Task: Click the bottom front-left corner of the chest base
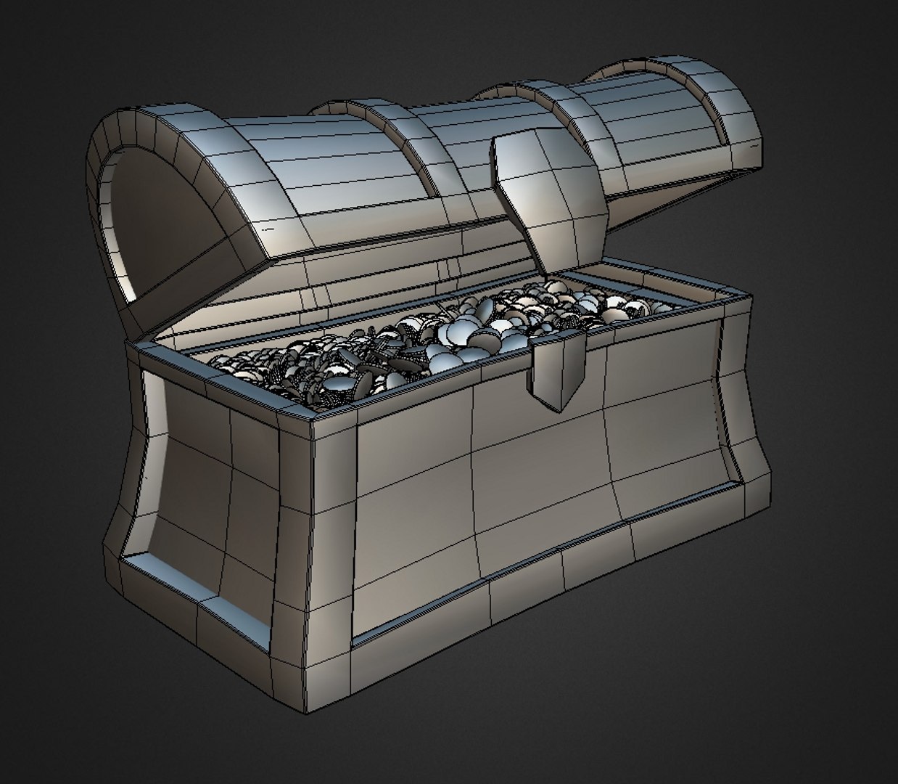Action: tap(311, 708)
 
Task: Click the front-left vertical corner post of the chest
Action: tap(330, 566)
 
